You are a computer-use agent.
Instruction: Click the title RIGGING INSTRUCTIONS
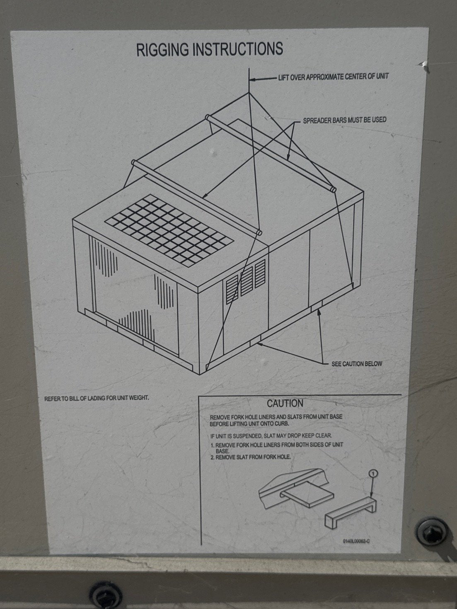210,49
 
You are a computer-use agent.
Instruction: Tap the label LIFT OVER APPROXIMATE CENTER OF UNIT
333,77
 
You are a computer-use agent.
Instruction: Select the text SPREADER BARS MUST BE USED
344,120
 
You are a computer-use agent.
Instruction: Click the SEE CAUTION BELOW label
356,364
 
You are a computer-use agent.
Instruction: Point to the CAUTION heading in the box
285,403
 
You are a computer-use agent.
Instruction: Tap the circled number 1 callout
373,473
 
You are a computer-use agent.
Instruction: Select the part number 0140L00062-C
356,541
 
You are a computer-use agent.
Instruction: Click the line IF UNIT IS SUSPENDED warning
271,436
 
